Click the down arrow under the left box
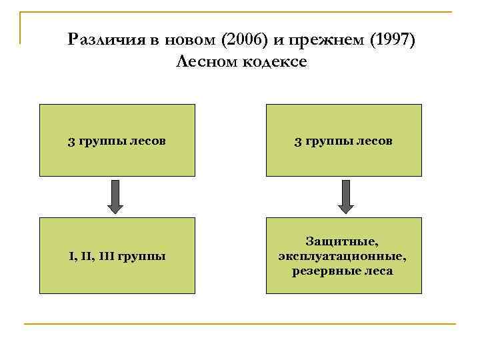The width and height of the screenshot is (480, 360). tap(117, 196)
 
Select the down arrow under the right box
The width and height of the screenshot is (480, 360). tap(344, 196)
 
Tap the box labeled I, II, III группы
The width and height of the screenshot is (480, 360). tap(117, 255)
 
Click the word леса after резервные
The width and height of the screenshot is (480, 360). tap(378, 271)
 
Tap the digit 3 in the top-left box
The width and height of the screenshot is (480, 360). tap(71, 141)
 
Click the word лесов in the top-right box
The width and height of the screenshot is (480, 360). tap(375, 141)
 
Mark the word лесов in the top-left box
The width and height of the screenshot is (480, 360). tap(148, 141)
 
